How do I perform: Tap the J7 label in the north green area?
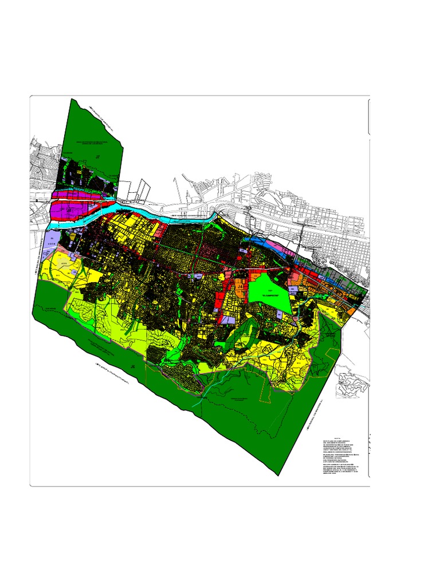tap(98, 156)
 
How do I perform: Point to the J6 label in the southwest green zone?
tap(132, 366)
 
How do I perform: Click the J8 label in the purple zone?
tap(70, 211)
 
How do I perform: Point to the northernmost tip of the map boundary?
tap(72, 99)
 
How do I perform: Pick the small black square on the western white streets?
tap(37, 201)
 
